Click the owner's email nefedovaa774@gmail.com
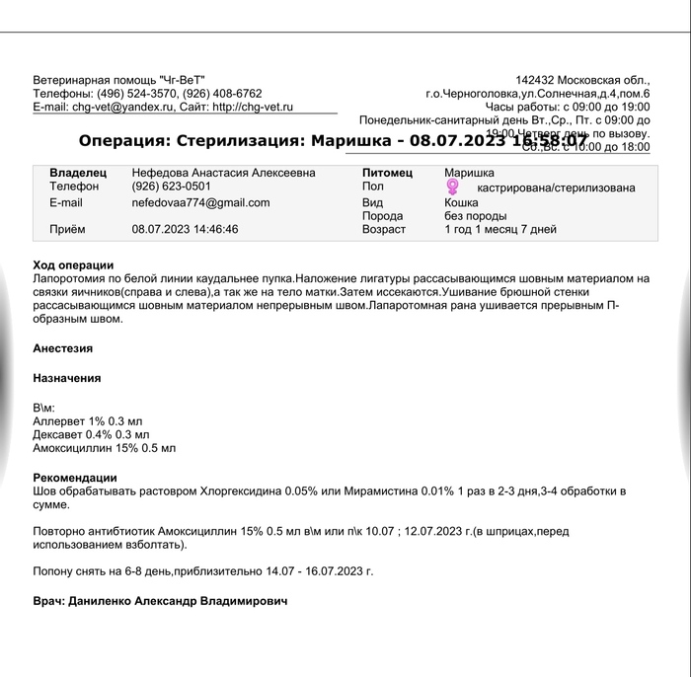click(200, 203)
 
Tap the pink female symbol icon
click(453, 187)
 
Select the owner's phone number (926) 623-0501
click(171, 187)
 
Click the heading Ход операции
click(73, 265)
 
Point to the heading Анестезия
click(62, 348)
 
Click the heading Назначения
click(66, 378)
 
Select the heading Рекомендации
click(75, 478)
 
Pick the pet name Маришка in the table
click(469, 173)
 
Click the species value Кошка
click(461, 202)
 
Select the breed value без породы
click(475, 216)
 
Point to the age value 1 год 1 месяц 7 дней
click(500, 230)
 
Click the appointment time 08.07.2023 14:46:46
click(185, 230)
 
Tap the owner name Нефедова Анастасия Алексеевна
click(223, 173)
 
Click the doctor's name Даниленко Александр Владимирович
click(178, 601)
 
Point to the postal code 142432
click(537, 79)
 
